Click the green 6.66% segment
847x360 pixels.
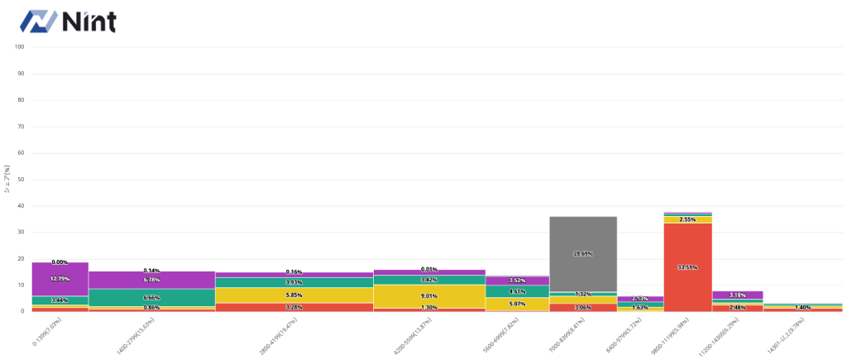point(151,296)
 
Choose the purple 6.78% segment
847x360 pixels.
point(151,281)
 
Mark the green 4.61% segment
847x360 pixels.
point(516,291)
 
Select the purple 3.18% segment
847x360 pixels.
point(737,295)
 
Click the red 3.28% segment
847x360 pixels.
point(294,307)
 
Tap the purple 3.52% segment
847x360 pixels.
point(516,281)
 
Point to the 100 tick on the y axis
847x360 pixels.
point(20,47)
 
